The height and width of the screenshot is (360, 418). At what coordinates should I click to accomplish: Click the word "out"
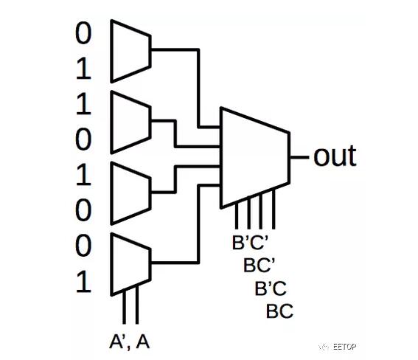click(x=335, y=156)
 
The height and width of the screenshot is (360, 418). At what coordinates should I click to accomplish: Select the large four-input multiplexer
click(x=255, y=158)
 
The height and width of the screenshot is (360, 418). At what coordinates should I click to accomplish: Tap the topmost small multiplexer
click(x=130, y=51)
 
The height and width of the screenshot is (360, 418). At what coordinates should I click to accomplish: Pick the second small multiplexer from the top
click(x=130, y=122)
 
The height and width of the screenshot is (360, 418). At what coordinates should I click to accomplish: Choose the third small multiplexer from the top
click(x=130, y=193)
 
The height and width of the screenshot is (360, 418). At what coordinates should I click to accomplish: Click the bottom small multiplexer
click(x=130, y=264)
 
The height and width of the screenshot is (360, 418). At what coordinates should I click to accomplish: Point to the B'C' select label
click(x=250, y=243)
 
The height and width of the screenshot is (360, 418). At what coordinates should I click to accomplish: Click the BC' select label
click(x=259, y=265)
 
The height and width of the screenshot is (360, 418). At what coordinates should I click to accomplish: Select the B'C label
click(x=271, y=288)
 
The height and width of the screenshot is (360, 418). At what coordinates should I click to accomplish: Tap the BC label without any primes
click(x=279, y=311)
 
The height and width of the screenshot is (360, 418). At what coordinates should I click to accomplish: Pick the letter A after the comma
click(x=143, y=342)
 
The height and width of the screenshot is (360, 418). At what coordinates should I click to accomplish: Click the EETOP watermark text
click(x=345, y=347)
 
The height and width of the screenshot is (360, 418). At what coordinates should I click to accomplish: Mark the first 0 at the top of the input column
click(x=83, y=33)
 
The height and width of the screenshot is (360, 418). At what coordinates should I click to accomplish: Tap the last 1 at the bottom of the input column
click(x=83, y=282)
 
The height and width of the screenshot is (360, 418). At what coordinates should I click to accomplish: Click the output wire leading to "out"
click(x=299, y=157)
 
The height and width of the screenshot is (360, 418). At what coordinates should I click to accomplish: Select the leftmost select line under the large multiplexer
click(x=237, y=215)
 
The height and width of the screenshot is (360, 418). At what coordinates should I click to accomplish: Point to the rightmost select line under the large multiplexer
click(x=274, y=209)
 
